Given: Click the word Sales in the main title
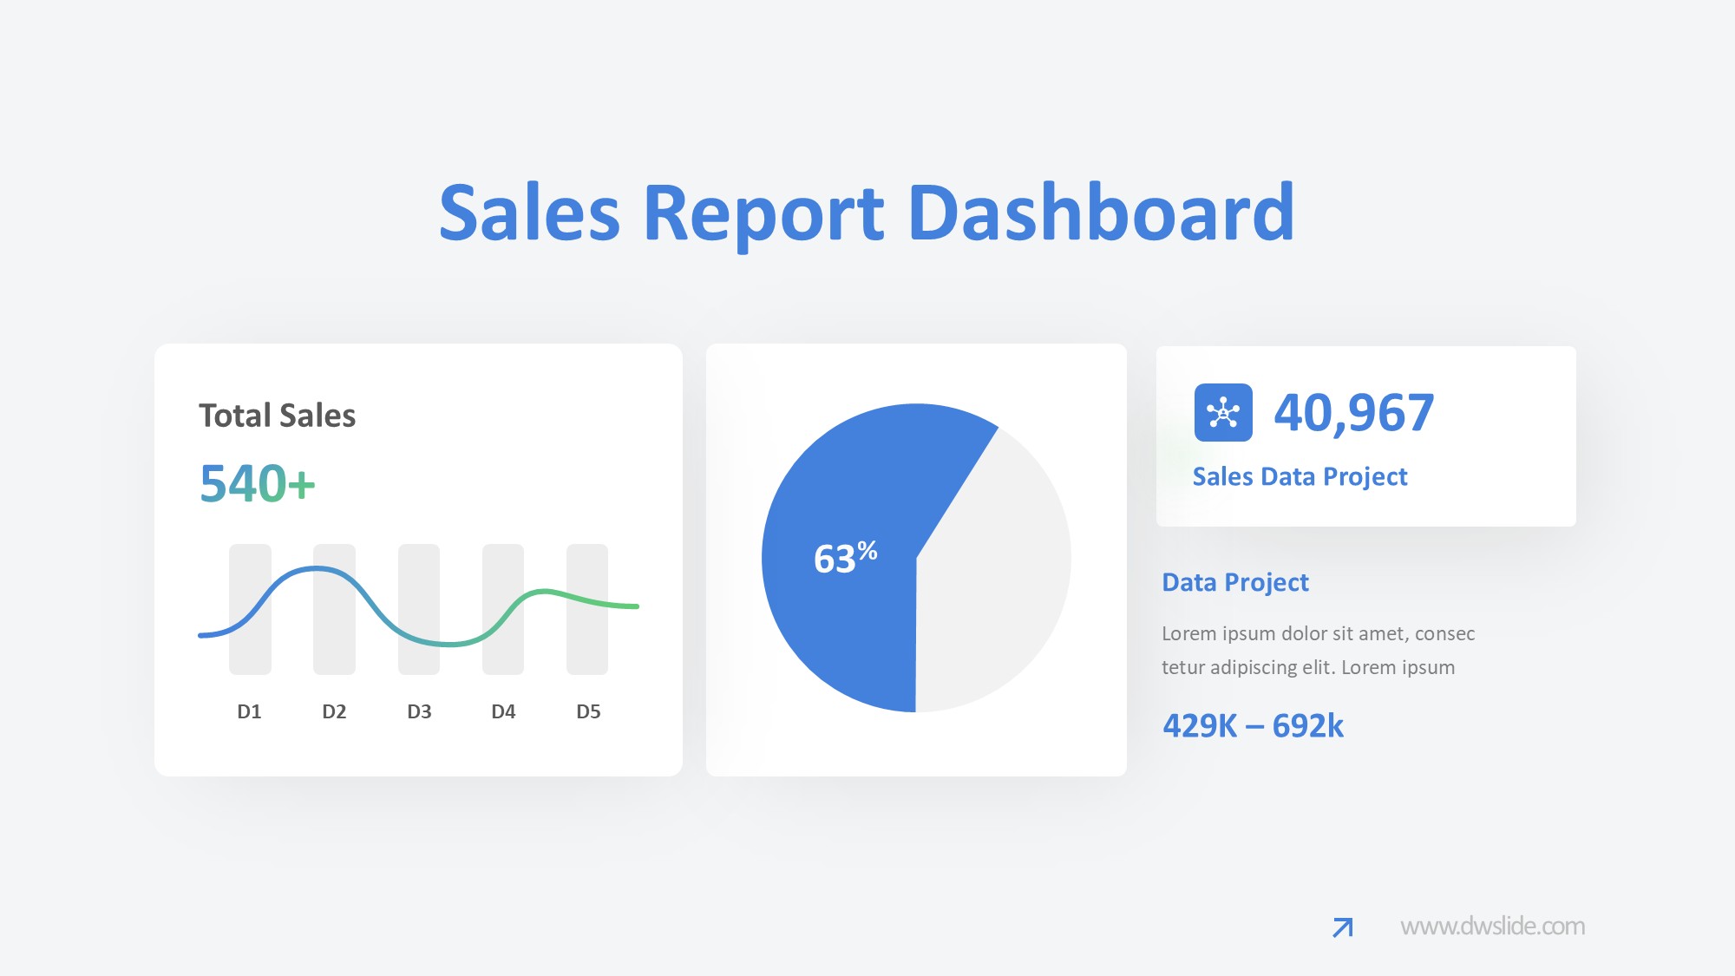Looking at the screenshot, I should point(529,213).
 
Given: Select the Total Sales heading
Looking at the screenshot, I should point(277,416).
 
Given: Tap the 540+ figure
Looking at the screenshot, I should point(257,483).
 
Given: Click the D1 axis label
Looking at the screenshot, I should point(249,711).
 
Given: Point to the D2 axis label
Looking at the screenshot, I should point(334,711).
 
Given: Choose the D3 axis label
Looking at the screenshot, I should point(419,711).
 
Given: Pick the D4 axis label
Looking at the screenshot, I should point(503,711).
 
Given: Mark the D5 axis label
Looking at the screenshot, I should point(588,711).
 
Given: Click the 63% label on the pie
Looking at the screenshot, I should point(845,557).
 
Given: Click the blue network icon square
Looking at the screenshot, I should point(1223,412).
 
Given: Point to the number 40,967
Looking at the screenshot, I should point(1353,413).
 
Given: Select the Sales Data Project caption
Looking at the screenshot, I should point(1300,476).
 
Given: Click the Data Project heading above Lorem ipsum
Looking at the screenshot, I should point(1234,582).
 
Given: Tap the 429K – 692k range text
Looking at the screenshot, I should point(1253,725).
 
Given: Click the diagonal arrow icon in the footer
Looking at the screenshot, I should point(1342,927).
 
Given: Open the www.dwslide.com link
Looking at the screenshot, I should point(1492,927).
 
